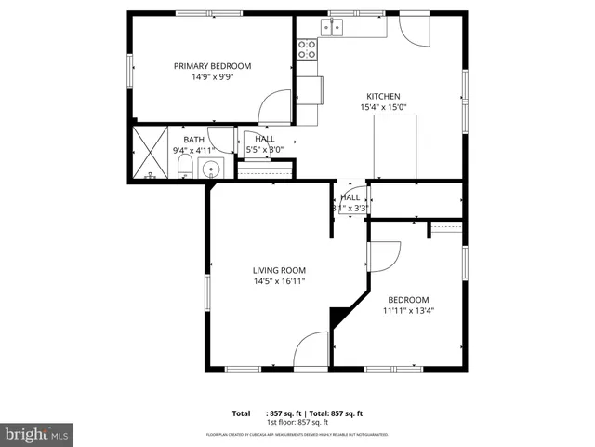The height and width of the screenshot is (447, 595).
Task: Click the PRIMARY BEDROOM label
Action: pos(213,65)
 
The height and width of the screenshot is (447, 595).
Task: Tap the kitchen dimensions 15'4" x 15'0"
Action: pos(383,108)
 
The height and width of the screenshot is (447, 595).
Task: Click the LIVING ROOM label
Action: pos(279,270)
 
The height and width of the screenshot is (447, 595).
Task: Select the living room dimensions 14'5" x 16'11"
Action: pos(279,281)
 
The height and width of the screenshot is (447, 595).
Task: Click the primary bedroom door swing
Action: pos(274,107)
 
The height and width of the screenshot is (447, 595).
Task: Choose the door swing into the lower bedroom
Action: pos(385,257)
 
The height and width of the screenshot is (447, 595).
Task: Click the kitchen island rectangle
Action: pos(393,146)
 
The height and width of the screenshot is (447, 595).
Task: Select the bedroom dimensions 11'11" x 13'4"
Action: pos(408,311)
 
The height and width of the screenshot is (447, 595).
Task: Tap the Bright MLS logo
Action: pos(36,434)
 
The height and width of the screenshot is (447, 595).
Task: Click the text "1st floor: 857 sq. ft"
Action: pos(297,422)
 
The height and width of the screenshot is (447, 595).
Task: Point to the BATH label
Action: pos(193,140)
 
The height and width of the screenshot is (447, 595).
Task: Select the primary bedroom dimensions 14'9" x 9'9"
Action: pos(213,76)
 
